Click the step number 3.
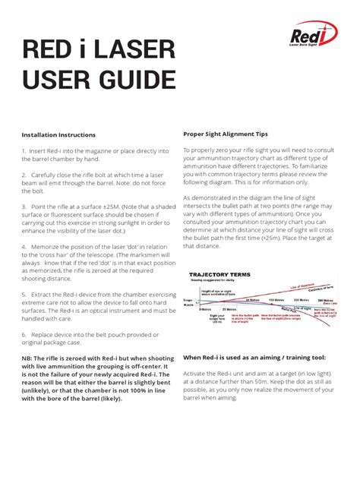(24, 206)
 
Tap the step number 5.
(24, 292)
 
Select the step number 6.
(24, 334)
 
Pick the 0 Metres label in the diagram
(205, 308)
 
